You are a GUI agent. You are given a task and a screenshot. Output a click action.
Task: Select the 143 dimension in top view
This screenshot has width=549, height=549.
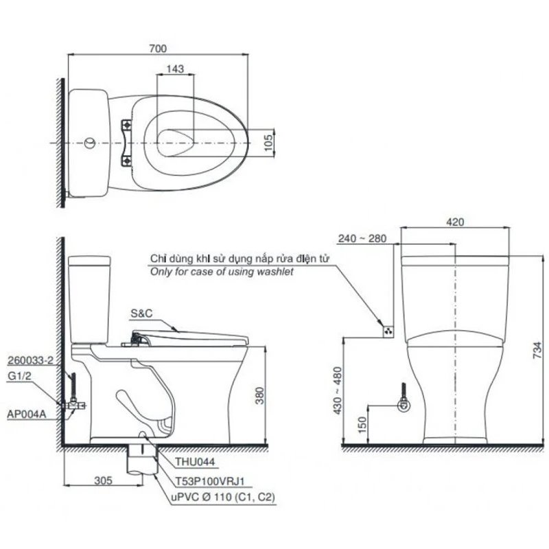175,69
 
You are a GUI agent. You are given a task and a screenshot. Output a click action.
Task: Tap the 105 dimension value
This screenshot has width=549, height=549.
270,141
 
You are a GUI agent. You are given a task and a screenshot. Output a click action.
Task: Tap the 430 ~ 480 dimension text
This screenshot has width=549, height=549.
336,392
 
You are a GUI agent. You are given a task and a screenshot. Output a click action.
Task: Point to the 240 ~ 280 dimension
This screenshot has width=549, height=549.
362,238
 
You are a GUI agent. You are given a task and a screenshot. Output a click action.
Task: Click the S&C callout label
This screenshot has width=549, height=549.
140,312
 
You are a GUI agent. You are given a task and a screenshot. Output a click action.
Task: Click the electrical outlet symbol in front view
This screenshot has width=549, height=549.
388,330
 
